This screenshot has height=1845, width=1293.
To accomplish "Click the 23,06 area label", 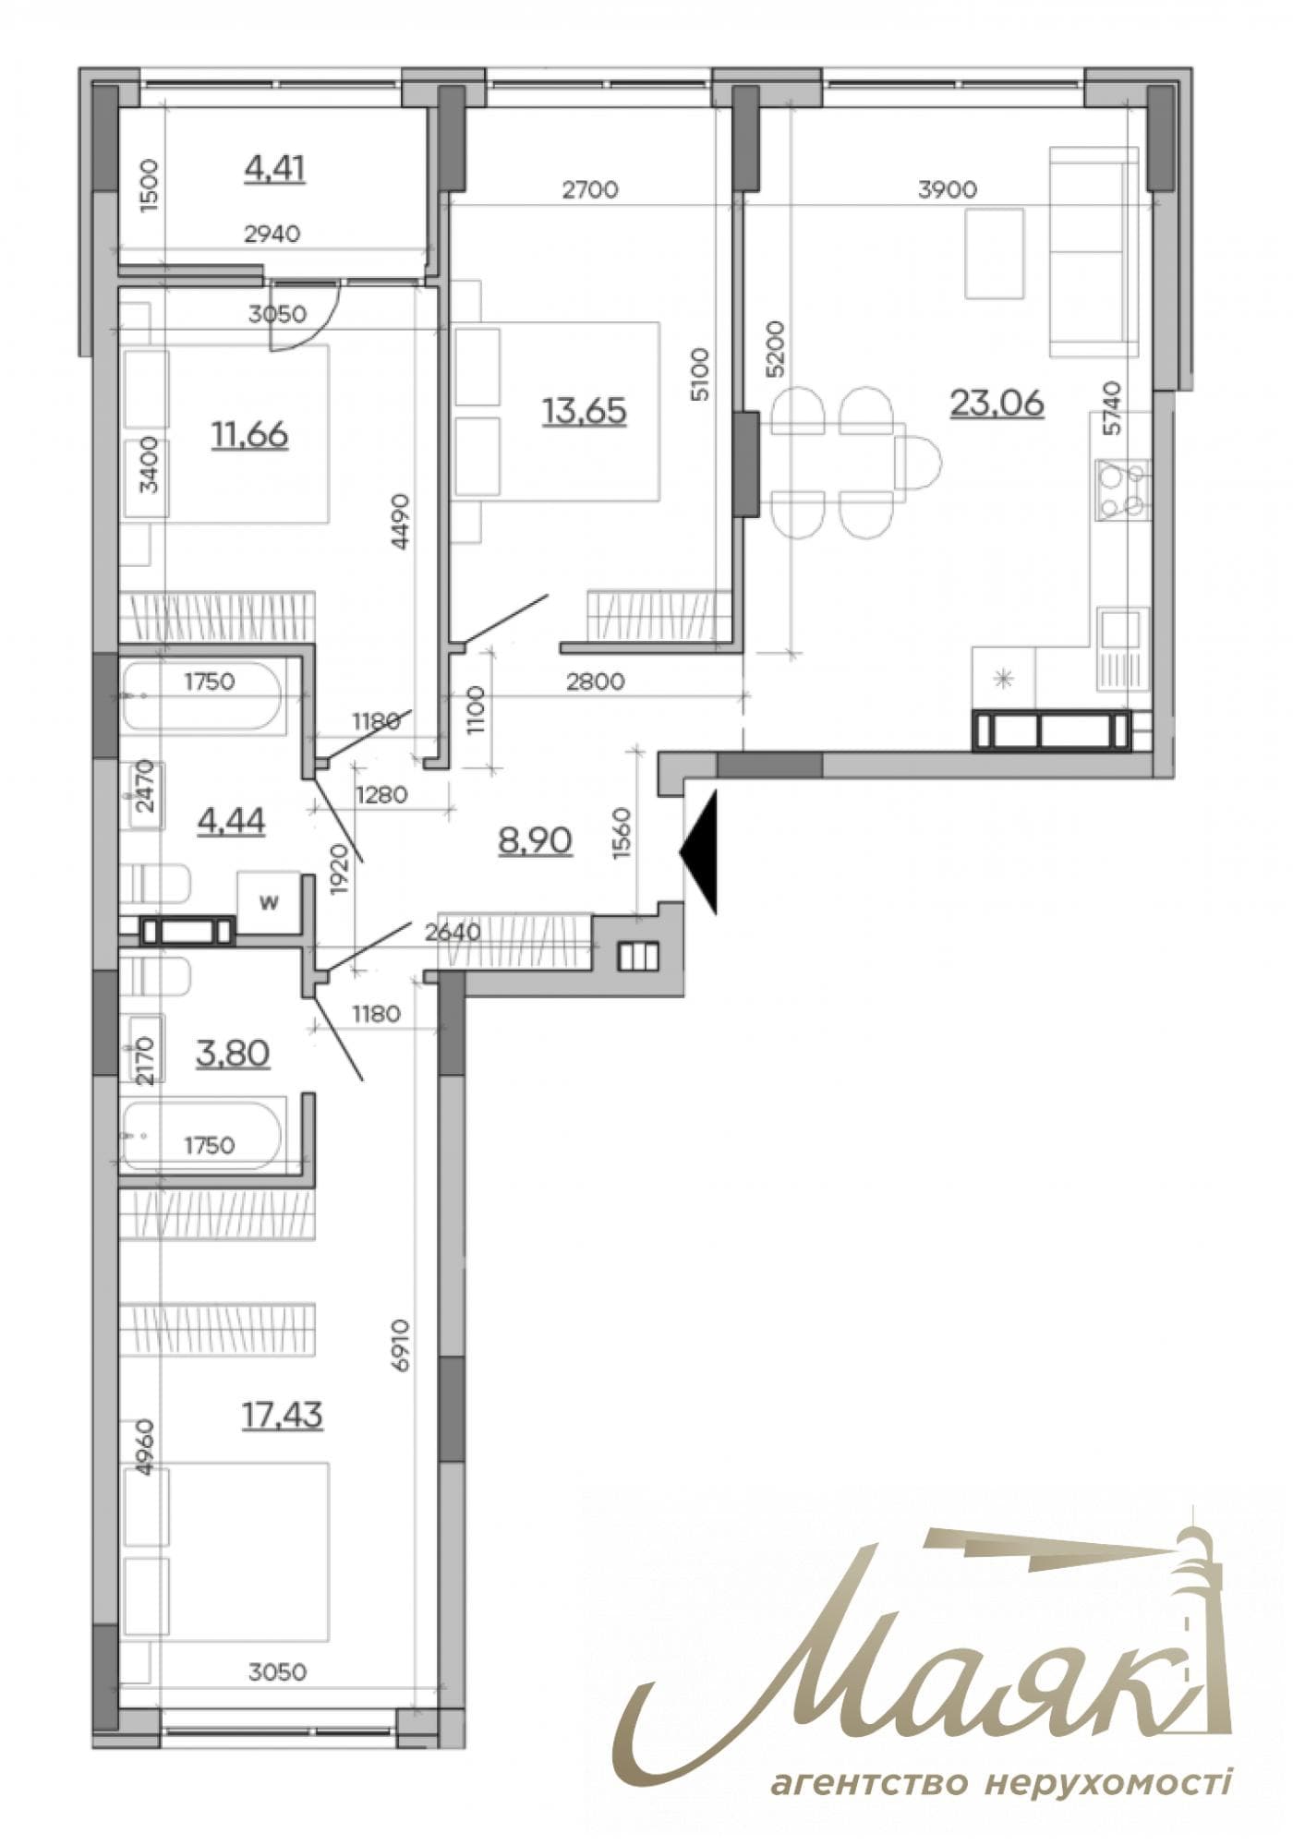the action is pyautogui.click(x=997, y=403).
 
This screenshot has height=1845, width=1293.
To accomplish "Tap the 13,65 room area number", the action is pyautogui.click(x=585, y=410).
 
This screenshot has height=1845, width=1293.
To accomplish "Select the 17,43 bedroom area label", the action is pyautogui.click(x=283, y=1414).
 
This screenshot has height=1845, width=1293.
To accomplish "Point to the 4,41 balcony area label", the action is pyautogui.click(x=274, y=168).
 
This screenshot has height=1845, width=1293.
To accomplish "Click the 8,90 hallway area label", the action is pyautogui.click(x=535, y=840).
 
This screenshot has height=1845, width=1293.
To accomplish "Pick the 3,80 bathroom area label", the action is pyautogui.click(x=233, y=1052).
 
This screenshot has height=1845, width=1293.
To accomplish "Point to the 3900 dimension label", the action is pyautogui.click(x=947, y=190).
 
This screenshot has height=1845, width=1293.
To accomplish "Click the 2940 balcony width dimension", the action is pyautogui.click(x=272, y=234).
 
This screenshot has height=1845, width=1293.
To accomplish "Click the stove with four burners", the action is pyautogui.click(x=1122, y=489).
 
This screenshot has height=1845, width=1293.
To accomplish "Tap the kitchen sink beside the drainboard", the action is pyautogui.click(x=1122, y=630).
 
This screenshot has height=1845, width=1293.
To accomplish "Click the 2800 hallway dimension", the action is pyautogui.click(x=595, y=682).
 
